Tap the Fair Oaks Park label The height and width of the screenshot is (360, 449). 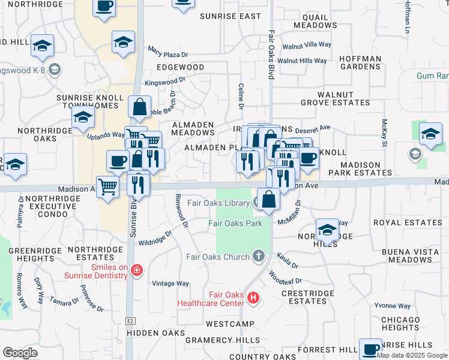(x=235, y=223)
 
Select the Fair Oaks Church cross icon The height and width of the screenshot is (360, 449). (x=259, y=257)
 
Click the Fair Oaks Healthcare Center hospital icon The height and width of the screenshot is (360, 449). (x=253, y=298)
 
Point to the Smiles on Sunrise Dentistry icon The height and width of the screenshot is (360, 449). (x=137, y=271)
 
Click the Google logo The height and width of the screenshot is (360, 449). (x=20, y=352)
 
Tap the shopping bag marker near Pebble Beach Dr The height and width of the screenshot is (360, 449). (x=139, y=107)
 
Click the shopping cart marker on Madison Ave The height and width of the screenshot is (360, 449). (x=107, y=187)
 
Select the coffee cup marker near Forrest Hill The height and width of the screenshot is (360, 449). (x=370, y=349)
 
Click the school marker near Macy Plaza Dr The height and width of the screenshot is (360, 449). (x=123, y=43)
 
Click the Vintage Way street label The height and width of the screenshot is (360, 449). (x=170, y=284)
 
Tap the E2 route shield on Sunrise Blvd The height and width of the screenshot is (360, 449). (x=130, y=322)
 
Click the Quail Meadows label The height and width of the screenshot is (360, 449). (x=316, y=21)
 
